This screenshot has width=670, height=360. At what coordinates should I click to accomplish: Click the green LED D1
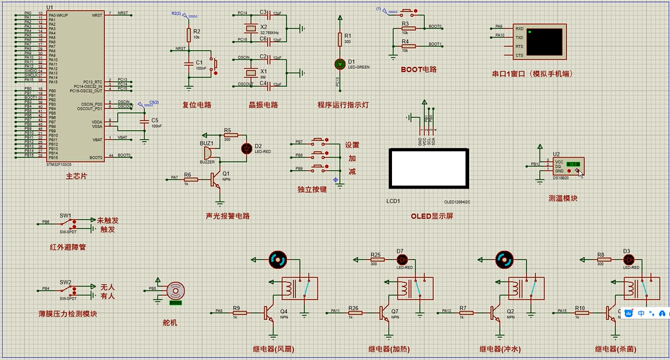(340, 64)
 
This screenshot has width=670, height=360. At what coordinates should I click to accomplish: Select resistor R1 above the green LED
(340, 40)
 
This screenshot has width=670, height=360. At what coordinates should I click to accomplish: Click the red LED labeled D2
(246, 148)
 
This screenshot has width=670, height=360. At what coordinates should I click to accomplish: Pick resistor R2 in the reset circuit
(189, 34)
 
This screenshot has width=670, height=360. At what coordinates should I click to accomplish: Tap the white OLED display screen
(429, 167)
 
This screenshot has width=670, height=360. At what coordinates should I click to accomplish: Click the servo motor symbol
(175, 290)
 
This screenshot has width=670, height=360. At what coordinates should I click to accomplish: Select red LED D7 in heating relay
(400, 260)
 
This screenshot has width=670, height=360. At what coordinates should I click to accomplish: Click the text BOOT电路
(418, 69)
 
